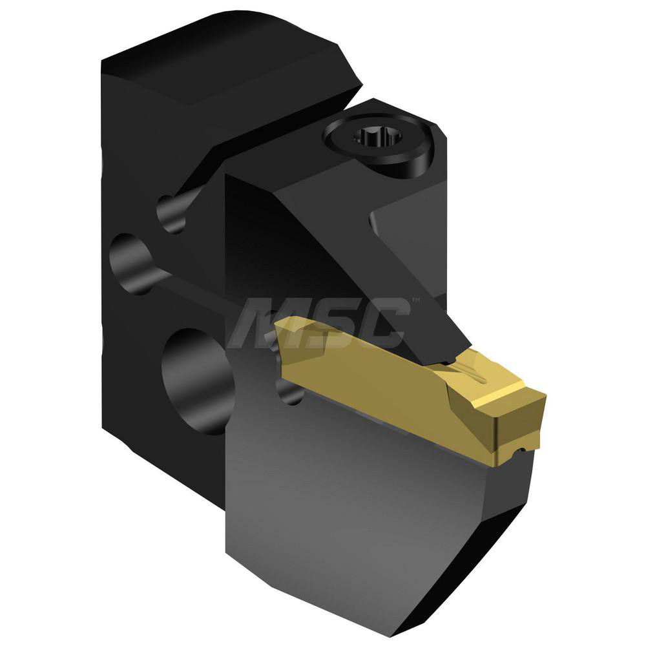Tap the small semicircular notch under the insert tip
point(514,448)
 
